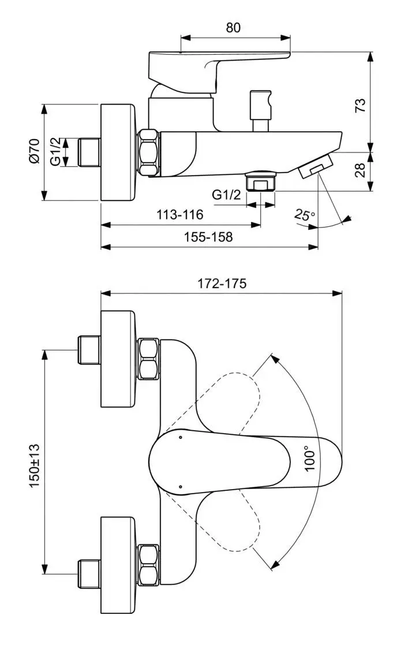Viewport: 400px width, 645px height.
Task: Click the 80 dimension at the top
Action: [x=233, y=27]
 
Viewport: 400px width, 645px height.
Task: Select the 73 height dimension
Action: [x=360, y=105]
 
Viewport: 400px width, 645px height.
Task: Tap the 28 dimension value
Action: [x=360, y=170]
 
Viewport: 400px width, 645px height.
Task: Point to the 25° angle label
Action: [x=304, y=215]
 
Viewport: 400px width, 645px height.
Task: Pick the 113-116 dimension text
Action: [x=180, y=215]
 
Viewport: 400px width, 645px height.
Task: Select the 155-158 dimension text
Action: [x=209, y=237]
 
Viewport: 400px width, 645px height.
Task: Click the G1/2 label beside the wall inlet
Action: [x=56, y=152]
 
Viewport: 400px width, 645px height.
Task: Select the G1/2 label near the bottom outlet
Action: [x=226, y=195]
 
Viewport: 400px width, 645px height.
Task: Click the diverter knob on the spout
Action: [x=260, y=110]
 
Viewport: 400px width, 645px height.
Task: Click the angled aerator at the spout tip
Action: [x=316, y=166]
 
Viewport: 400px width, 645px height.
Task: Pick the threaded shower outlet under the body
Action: [x=261, y=181]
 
